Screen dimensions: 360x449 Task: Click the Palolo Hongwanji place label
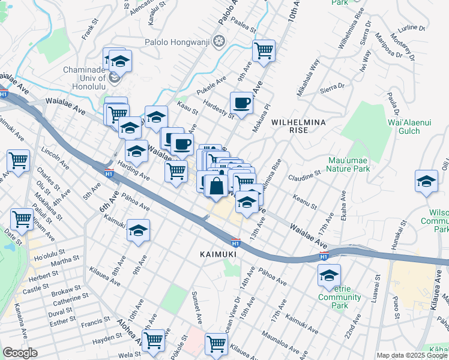click(179, 41)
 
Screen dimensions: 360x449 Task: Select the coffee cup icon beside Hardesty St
click(242, 103)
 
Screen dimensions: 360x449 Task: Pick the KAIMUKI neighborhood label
click(219, 255)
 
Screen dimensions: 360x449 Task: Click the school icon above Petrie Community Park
click(329, 275)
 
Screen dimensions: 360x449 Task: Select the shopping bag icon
click(216, 187)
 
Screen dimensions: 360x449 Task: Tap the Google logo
click(20, 353)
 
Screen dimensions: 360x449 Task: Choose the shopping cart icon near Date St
click(22, 220)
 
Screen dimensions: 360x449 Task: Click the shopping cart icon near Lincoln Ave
click(19, 161)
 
